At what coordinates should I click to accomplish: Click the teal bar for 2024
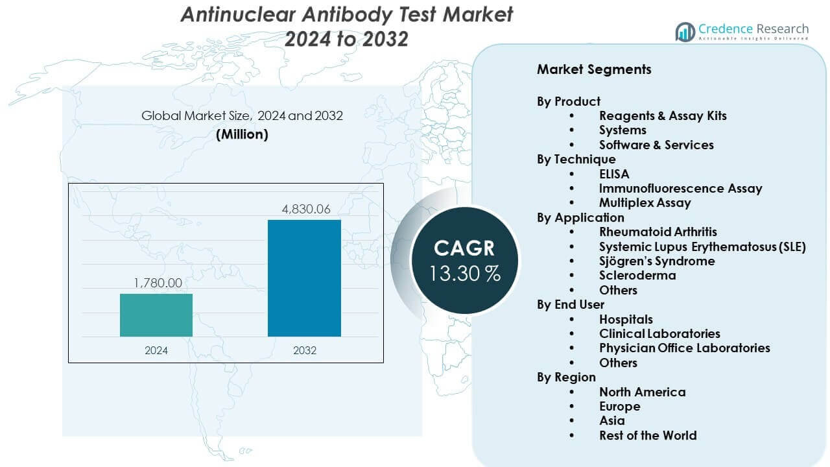pos(156,315)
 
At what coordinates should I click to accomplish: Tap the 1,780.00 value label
pos(158,283)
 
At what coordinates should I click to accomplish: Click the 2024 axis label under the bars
pos(156,350)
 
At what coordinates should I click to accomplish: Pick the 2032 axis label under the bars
pos(304,350)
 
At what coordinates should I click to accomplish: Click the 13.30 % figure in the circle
pos(464,274)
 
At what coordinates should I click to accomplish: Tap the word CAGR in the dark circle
pos(464,248)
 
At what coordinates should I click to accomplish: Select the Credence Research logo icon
pos(685,31)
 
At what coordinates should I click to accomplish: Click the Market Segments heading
pos(594,69)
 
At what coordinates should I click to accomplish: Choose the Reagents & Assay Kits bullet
pos(663,116)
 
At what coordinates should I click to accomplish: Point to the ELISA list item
pos(614,174)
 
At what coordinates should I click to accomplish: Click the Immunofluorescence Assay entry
pos(680,189)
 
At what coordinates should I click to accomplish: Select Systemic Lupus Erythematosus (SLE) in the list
pos(702,246)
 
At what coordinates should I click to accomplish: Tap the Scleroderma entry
pos(637,276)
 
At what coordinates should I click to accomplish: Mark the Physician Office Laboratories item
pos(684,348)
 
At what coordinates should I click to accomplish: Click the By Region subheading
pos(566,377)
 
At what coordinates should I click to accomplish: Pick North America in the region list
pos(642,392)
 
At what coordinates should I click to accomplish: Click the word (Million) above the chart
pos(242,135)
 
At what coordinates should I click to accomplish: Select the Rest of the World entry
pos(648,435)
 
